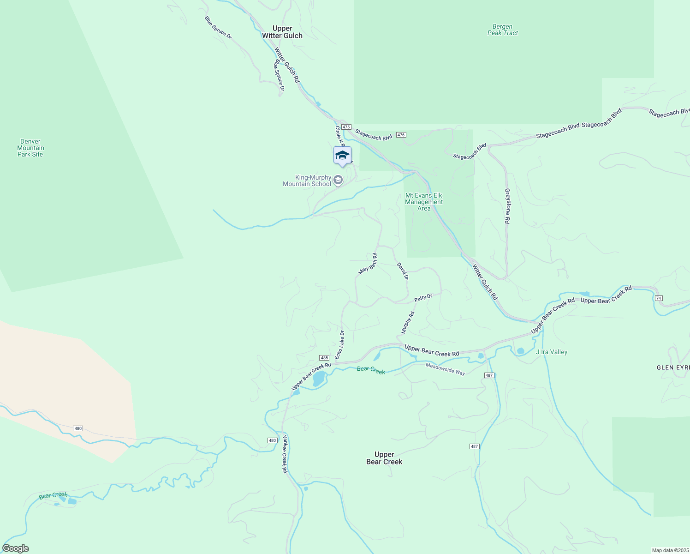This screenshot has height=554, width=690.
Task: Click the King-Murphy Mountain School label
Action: (x=307, y=181)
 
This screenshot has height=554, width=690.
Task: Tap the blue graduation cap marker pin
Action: (x=342, y=156)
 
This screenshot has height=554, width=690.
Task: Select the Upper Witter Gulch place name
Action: (x=282, y=32)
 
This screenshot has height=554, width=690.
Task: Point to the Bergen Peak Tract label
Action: (x=503, y=30)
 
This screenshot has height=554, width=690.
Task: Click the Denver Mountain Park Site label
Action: (x=30, y=148)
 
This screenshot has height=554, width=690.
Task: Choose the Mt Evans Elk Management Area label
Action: (x=424, y=202)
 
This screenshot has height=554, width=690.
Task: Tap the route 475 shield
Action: (x=347, y=127)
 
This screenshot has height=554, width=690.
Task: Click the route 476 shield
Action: (x=401, y=135)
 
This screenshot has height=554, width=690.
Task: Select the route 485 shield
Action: (x=324, y=358)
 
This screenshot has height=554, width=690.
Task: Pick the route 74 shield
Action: (x=659, y=298)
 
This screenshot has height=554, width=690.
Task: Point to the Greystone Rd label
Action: (x=507, y=206)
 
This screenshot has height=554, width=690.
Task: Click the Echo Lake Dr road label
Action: (x=339, y=345)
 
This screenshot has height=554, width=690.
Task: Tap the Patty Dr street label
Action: (x=423, y=298)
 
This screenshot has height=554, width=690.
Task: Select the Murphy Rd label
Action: (x=408, y=322)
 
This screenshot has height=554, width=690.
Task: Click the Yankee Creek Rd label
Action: (x=285, y=454)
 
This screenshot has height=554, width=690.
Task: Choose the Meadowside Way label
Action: (x=445, y=368)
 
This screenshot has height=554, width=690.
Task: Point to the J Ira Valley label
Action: (x=552, y=352)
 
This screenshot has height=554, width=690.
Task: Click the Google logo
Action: (x=16, y=548)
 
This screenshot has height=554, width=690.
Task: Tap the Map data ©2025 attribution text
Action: (x=670, y=550)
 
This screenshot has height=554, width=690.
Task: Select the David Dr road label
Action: (x=403, y=271)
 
